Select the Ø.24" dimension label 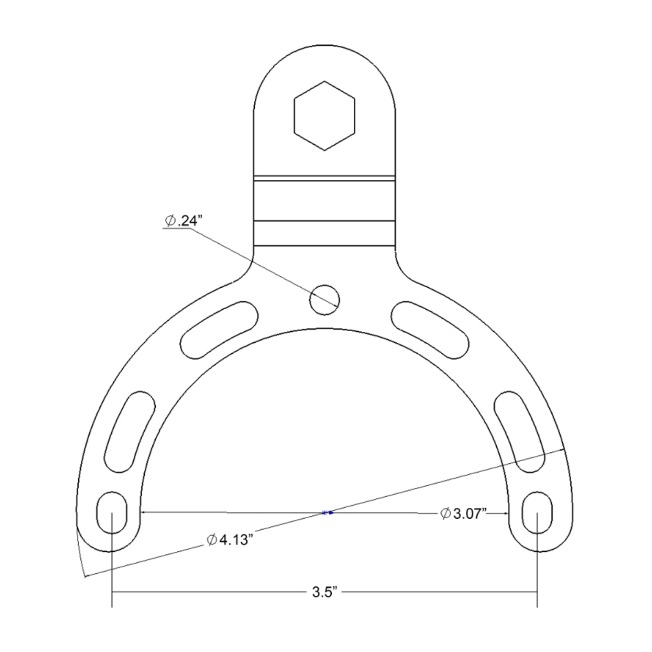183,220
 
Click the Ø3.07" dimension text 464,514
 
